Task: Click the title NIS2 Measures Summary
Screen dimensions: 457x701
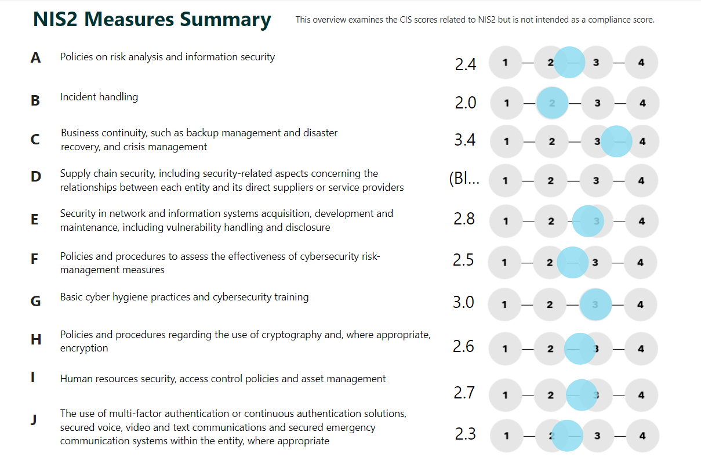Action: [x=152, y=20]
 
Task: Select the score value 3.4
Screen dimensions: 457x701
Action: [x=465, y=140]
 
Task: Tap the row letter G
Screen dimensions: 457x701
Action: [x=35, y=301]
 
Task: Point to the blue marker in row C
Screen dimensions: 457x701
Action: [x=616, y=141]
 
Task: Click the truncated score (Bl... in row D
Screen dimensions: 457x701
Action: [x=464, y=179]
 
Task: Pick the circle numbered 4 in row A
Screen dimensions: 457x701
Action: [x=641, y=62]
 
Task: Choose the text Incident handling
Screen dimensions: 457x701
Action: [x=99, y=97]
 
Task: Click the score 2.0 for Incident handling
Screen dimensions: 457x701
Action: [x=466, y=103]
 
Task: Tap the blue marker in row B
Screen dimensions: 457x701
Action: [x=551, y=103]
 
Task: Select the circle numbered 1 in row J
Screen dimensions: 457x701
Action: [x=507, y=436]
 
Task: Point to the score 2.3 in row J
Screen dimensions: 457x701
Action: [x=466, y=434]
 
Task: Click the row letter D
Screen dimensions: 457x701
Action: [x=36, y=176]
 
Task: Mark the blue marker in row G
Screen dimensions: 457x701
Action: [x=595, y=304]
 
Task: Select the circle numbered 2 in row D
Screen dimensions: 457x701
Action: [x=551, y=180]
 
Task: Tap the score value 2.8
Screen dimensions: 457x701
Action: [x=464, y=219]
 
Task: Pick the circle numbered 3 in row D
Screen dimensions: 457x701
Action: [x=596, y=180]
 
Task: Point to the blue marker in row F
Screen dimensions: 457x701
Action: [x=572, y=262]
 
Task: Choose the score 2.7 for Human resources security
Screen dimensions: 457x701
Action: [x=464, y=393]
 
